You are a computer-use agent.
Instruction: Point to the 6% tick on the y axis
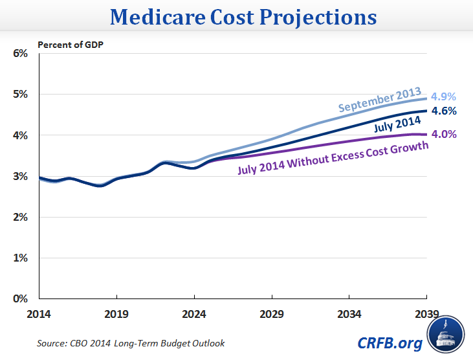20,53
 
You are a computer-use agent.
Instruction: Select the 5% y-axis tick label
20,94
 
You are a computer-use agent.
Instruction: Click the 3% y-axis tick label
20,176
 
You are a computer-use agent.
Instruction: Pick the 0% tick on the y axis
20,299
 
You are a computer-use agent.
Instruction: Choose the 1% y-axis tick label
20,258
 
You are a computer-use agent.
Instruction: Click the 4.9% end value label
445,97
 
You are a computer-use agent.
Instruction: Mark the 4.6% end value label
445,111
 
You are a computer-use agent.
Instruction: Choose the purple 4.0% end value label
445,135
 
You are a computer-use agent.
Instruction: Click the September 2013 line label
380,100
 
